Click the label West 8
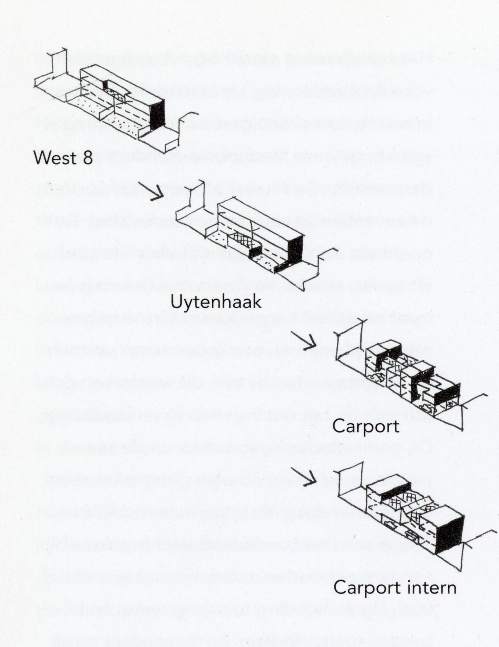coord(63,158)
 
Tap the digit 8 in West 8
coord(87,158)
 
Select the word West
coord(55,158)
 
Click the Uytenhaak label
coord(215,302)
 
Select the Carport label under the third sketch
coord(366,427)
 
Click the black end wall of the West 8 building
coord(158,115)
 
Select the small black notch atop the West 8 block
coord(105,85)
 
